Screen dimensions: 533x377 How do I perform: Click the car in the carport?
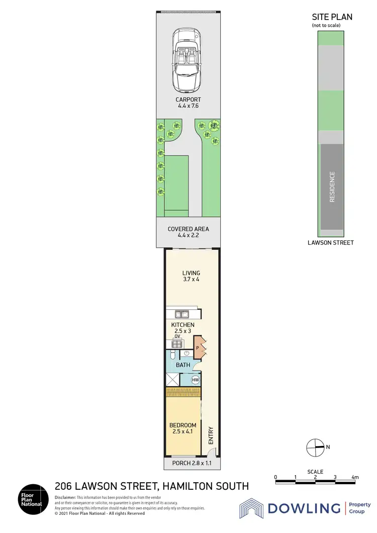(187, 58)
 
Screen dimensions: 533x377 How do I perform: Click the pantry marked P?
(198, 347)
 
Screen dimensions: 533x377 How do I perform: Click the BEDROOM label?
(183, 425)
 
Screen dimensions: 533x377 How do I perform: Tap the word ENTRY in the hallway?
(211, 435)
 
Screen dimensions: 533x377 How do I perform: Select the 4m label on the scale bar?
(355, 477)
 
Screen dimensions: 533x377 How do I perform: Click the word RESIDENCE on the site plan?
(332, 187)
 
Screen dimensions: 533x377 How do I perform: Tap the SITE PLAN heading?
(332, 17)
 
